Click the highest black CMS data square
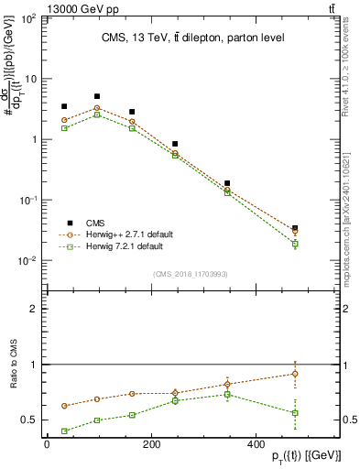[97, 96]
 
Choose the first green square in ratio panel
[64, 431]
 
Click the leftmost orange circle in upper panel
[64, 120]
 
